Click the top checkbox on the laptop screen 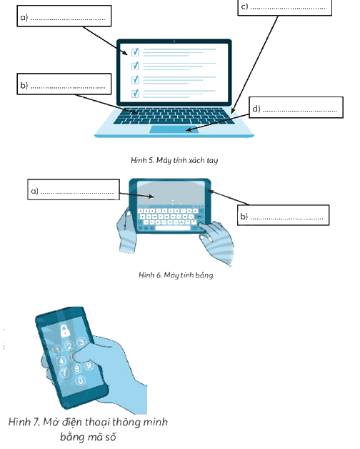(x=135, y=52)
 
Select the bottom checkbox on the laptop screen (x=135, y=94)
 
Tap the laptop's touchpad (x=174, y=129)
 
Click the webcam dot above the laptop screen (x=174, y=41)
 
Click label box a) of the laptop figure (x=64, y=16)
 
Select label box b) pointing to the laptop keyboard (x=64, y=84)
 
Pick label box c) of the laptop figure (x=285, y=7)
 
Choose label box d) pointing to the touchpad (x=296, y=107)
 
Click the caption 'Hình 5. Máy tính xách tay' (x=174, y=160)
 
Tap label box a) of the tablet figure (x=74, y=189)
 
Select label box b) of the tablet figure (x=284, y=215)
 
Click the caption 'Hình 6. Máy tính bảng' (x=176, y=275)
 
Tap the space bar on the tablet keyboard (x=173, y=228)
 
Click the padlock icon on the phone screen (x=65, y=331)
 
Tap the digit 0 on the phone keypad (x=81, y=380)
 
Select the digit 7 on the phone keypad (x=65, y=372)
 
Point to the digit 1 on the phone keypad (x=58, y=350)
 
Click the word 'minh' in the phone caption (x=156, y=422)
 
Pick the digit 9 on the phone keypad (x=89, y=365)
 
